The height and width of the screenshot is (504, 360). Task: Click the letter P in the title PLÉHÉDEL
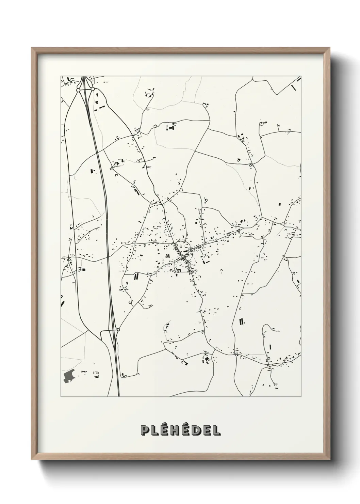pos(144,430)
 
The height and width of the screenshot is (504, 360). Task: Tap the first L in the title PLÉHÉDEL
pos(154,430)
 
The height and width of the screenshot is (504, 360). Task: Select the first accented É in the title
pos(164,430)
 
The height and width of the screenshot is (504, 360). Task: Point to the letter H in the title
pos(175,430)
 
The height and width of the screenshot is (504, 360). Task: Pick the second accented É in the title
pos(186,430)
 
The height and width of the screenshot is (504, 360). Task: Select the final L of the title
pos(216,430)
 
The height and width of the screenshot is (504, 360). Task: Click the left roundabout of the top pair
pos(78,90)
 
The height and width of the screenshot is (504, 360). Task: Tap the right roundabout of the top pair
pos(92,89)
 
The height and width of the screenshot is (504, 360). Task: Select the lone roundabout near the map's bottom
pos(118,330)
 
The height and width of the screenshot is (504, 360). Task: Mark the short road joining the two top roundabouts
pos(85,90)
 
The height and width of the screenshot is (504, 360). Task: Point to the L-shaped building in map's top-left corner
pos(69,79)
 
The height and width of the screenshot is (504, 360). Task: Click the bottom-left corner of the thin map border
pos(61,397)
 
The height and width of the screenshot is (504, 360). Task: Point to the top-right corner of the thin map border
pos(301,76)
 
